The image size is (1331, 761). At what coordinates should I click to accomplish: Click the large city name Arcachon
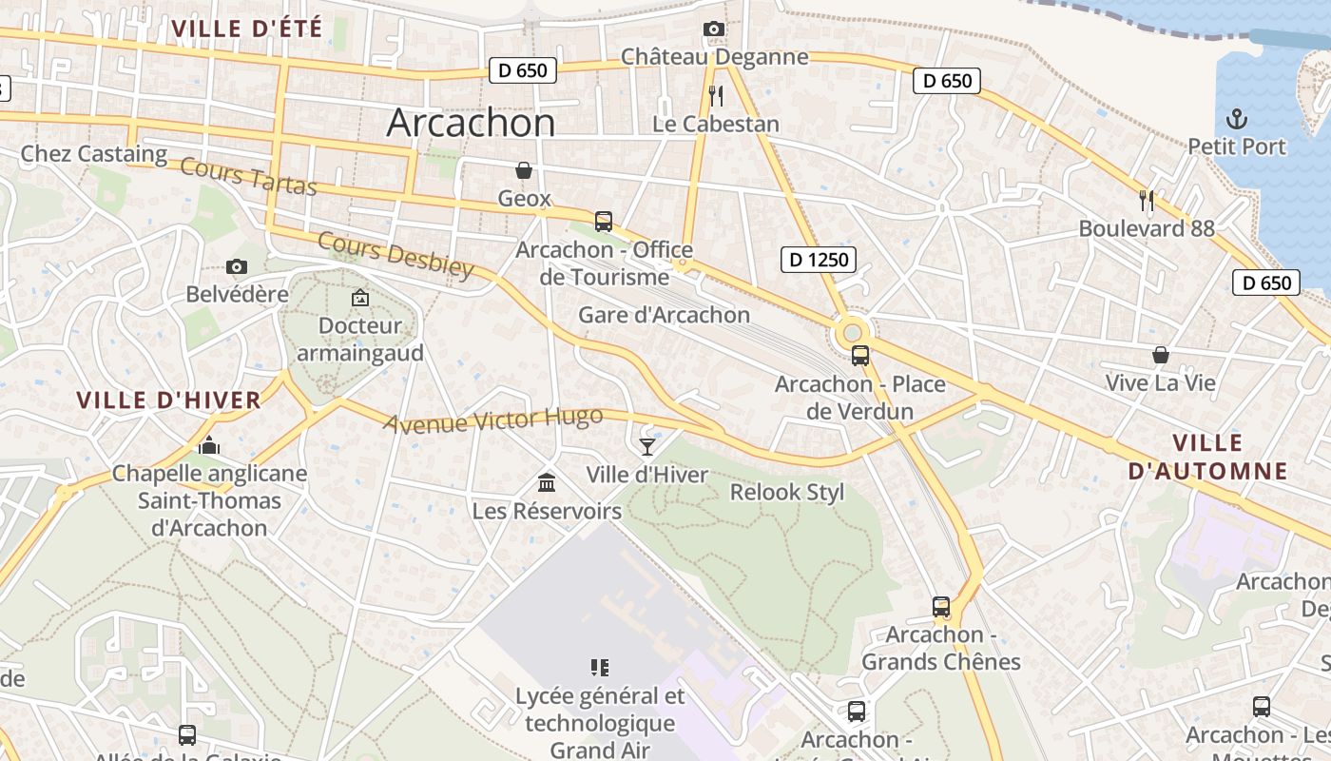[471, 123]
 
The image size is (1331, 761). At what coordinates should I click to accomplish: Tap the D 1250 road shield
[818, 259]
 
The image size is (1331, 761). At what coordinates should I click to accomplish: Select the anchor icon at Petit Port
[1236, 119]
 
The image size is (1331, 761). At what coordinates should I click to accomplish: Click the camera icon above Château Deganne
[713, 29]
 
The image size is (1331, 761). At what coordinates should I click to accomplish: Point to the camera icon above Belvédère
[237, 267]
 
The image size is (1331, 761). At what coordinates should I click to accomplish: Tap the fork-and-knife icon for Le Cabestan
[716, 95]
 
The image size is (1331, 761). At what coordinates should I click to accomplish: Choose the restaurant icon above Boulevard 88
[1147, 200]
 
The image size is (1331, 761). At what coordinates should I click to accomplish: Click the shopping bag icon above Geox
[523, 170]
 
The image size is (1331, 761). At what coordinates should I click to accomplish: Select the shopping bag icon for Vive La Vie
[1160, 355]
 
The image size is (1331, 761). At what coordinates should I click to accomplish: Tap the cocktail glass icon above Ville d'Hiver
[647, 446]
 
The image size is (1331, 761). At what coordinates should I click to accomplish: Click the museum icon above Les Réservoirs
[547, 482]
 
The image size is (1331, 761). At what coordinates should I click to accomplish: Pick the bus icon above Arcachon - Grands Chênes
[940, 606]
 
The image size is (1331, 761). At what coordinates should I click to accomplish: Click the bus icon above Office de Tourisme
[603, 222]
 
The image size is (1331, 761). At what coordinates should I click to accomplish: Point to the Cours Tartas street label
[248, 176]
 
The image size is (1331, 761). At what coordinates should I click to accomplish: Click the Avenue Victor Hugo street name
[492, 419]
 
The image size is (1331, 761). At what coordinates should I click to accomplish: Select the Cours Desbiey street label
[395, 255]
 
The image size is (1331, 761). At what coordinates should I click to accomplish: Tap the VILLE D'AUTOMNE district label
[1207, 457]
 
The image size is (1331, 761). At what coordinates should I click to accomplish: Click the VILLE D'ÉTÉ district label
[246, 29]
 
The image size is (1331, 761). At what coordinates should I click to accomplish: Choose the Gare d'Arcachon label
[664, 315]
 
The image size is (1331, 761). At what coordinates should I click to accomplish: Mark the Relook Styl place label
[786, 492]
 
